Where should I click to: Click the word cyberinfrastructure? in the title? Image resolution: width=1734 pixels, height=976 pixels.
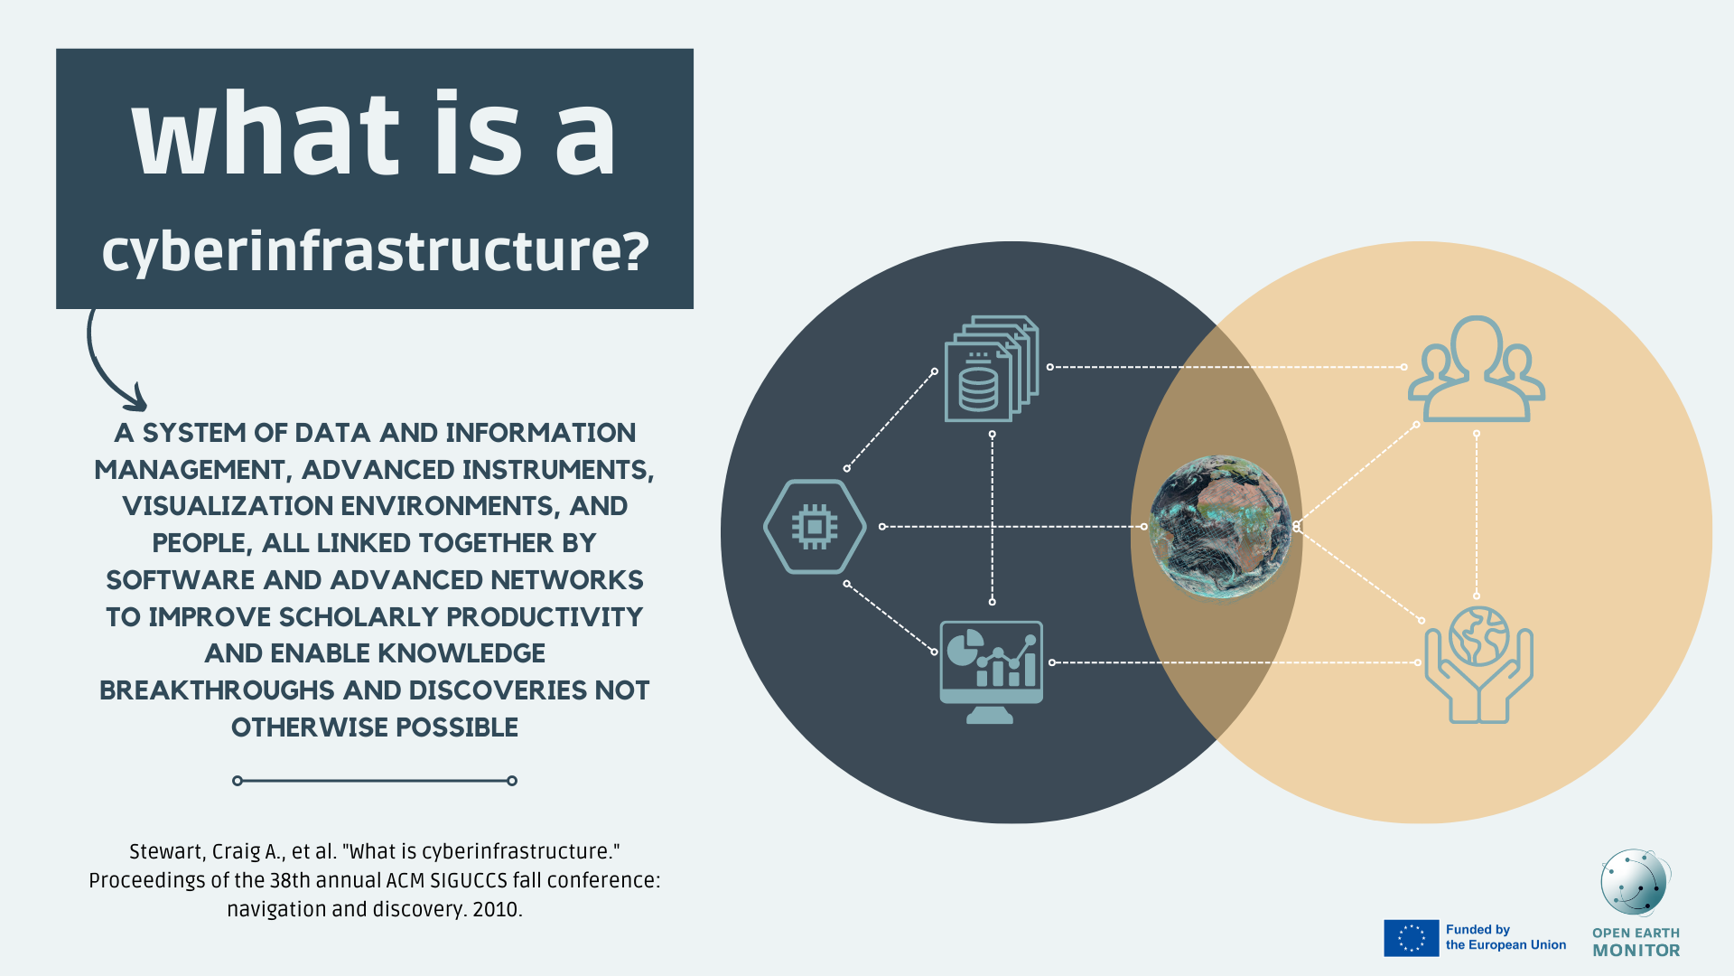pos(375,251)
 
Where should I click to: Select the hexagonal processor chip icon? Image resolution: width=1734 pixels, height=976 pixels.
pos(815,526)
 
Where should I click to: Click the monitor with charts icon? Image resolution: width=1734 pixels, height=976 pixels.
pos(991,670)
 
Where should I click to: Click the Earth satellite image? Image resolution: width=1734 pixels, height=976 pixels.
pos(1220,526)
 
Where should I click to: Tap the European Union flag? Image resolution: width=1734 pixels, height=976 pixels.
pos(1411,938)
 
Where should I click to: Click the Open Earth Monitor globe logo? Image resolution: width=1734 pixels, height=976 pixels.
pos(1635,883)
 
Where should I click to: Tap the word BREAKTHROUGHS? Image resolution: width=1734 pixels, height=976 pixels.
pos(217,690)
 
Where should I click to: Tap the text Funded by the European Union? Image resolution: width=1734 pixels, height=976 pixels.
pos(1506,937)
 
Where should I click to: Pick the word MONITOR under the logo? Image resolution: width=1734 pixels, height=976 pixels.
pos(1636,951)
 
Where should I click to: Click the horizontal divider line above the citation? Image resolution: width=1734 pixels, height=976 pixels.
pos(375,781)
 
